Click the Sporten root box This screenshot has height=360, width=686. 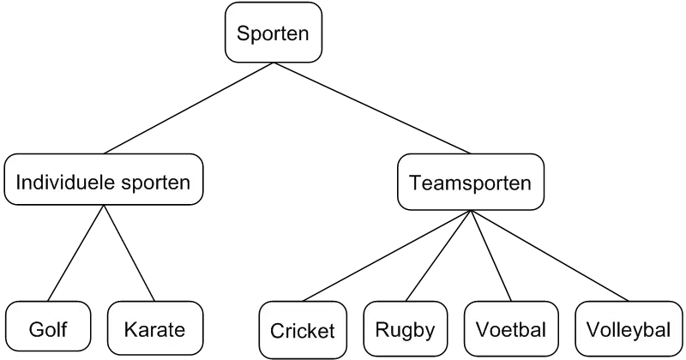274,33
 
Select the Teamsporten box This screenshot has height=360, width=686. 470,183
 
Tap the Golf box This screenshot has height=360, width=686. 47,330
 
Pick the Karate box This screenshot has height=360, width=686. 154,330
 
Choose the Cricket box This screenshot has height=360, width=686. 302,331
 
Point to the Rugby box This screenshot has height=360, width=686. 406,330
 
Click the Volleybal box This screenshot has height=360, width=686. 628,330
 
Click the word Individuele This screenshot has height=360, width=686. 65,183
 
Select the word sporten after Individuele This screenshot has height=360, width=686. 155,183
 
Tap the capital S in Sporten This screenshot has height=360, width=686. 244,33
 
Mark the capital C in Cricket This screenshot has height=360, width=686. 277,331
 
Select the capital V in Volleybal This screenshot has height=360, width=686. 593,330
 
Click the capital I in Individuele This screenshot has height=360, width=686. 19,183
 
